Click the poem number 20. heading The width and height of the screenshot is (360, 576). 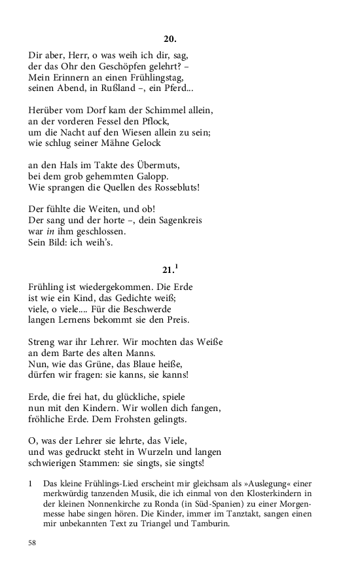[170, 40]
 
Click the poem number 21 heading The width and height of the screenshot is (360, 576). [168, 270]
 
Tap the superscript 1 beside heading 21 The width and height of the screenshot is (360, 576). [177, 266]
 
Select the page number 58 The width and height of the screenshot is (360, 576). [33, 543]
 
